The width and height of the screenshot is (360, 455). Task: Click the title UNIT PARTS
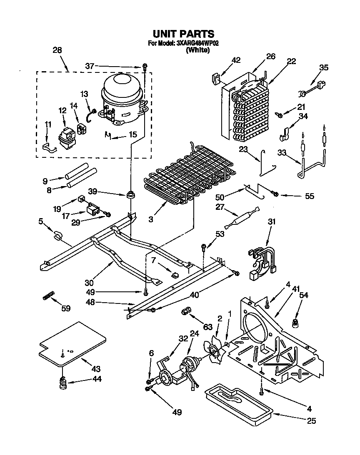[183, 34]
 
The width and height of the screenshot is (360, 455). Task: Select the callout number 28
[57, 50]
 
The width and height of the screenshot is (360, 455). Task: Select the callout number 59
[66, 308]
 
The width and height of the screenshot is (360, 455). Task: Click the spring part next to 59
[48, 296]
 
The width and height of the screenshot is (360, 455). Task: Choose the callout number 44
[97, 379]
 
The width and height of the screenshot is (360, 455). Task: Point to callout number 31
[272, 222]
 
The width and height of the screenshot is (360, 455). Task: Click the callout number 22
[291, 61]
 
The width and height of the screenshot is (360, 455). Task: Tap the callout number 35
[324, 67]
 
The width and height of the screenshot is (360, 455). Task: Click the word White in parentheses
[197, 50]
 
